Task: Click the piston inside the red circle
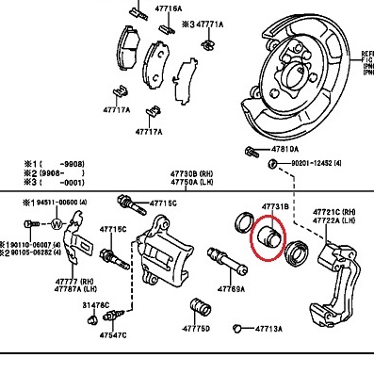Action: tap(268, 236)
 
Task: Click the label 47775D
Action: tap(197, 330)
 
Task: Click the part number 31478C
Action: tap(96, 305)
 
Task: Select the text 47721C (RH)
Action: tap(334, 211)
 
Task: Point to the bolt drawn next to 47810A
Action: tap(250, 151)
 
